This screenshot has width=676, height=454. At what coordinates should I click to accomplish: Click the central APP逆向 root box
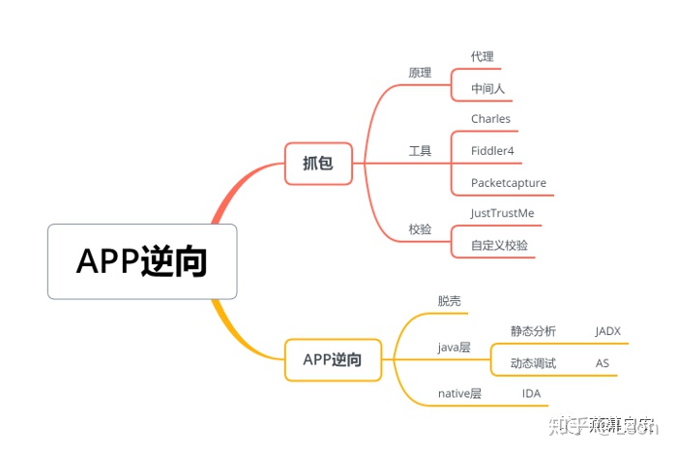(x=142, y=261)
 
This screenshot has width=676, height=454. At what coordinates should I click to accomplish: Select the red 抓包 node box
(x=317, y=163)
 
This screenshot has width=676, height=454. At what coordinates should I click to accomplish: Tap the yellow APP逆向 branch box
(x=333, y=359)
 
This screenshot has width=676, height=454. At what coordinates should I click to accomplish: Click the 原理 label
(x=420, y=72)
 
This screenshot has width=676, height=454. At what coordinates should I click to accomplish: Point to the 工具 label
(x=420, y=151)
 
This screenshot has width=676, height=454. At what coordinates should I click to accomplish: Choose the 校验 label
(x=420, y=229)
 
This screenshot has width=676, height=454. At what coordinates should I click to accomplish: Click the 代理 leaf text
(x=482, y=57)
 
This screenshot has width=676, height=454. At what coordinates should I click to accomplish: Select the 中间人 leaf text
(x=487, y=89)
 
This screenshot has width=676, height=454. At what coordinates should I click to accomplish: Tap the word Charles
(x=490, y=119)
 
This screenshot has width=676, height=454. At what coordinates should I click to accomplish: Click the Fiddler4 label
(x=492, y=151)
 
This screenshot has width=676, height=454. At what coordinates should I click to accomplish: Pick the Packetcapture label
(x=509, y=183)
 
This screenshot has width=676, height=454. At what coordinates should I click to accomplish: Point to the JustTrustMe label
(x=502, y=213)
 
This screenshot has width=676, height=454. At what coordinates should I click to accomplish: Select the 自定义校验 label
(x=499, y=245)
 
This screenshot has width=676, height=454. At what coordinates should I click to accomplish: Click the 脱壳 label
(x=450, y=301)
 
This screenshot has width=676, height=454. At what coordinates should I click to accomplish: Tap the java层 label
(x=454, y=347)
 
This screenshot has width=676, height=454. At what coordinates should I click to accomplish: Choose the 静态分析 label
(x=533, y=331)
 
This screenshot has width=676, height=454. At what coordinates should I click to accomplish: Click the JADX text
(x=607, y=331)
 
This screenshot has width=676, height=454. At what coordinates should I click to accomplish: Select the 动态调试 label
(x=533, y=363)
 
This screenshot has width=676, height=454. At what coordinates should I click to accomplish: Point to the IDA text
(x=531, y=393)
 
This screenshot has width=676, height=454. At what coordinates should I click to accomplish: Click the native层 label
(x=459, y=393)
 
